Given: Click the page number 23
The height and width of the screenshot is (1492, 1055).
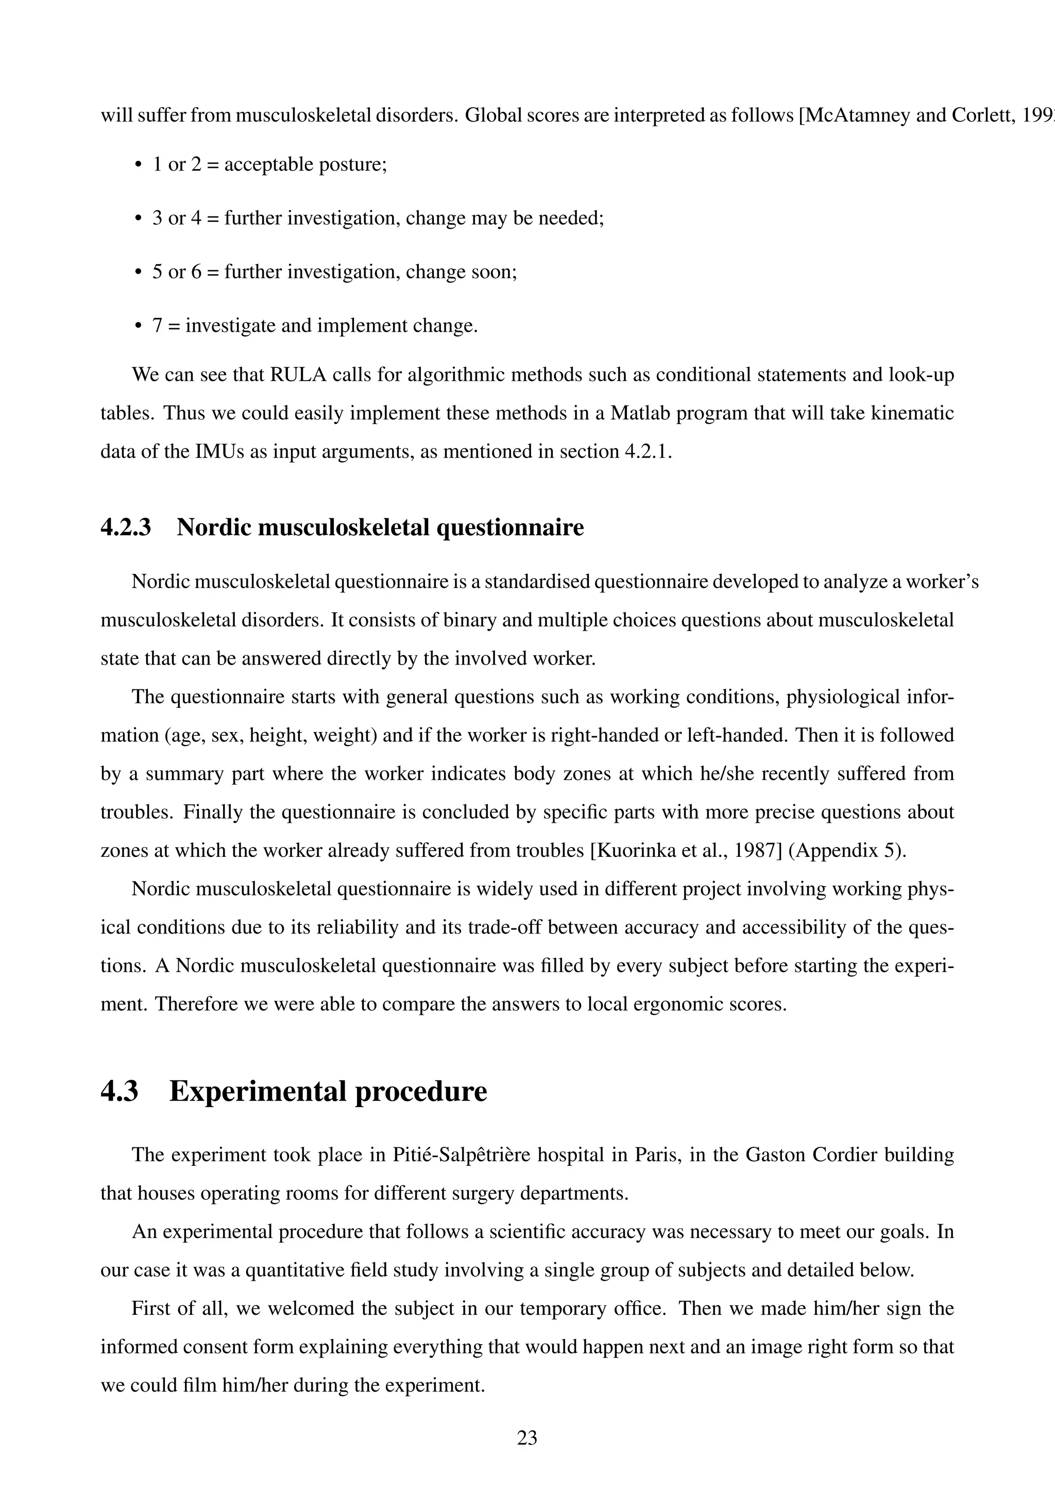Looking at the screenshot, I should (527, 1437).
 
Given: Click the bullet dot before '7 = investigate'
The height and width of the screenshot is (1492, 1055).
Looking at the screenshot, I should (138, 326).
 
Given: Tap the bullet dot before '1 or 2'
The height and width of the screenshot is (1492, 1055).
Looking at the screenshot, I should (138, 164).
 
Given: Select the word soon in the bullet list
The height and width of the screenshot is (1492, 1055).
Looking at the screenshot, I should (493, 272).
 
